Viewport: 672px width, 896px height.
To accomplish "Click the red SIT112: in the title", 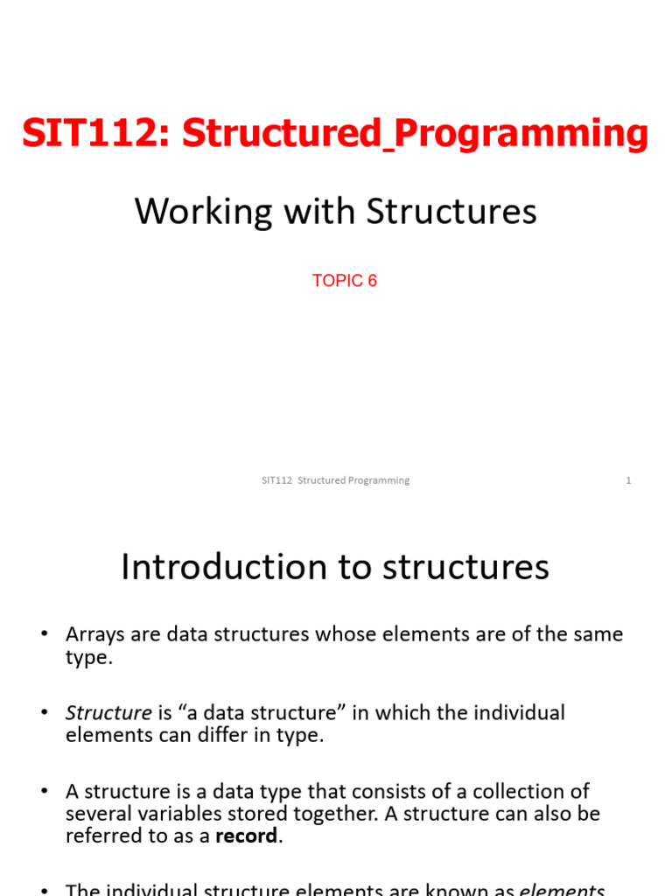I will click(x=96, y=134).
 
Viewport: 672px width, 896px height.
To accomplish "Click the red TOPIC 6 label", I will click(x=345, y=281).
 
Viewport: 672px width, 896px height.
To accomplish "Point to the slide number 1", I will click(x=628, y=480).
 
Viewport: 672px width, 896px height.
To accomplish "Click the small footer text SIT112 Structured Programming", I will click(x=336, y=480).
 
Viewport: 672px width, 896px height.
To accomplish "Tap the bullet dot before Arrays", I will click(x=44, y=635).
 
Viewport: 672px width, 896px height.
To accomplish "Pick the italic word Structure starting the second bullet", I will click(x=108, y=713).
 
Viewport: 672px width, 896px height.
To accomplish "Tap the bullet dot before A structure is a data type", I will click(x=44, y=793).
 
